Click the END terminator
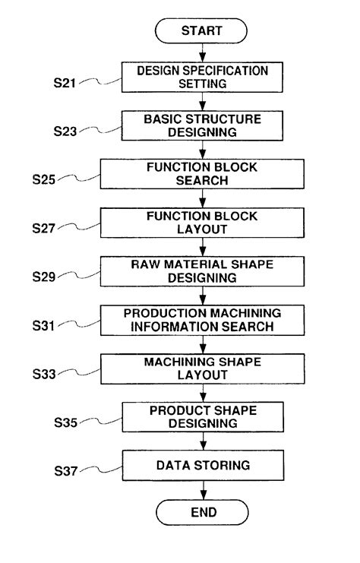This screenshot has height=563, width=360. coord(203,511)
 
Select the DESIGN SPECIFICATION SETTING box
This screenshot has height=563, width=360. coord(203,77)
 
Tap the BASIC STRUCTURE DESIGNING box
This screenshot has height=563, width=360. coord(203,125)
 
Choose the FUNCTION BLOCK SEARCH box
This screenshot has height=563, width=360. coord(203,174)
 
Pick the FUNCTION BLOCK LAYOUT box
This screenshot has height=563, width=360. coord(203,222)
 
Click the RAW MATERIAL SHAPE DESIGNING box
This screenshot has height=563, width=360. coord(203,270)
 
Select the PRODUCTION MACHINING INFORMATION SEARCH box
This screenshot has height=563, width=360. coord(203,319)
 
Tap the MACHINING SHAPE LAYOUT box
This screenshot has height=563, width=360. coord(203,368)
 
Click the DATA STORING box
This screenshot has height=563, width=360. coord(203,464)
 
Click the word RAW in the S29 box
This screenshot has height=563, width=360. coord(143,264)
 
